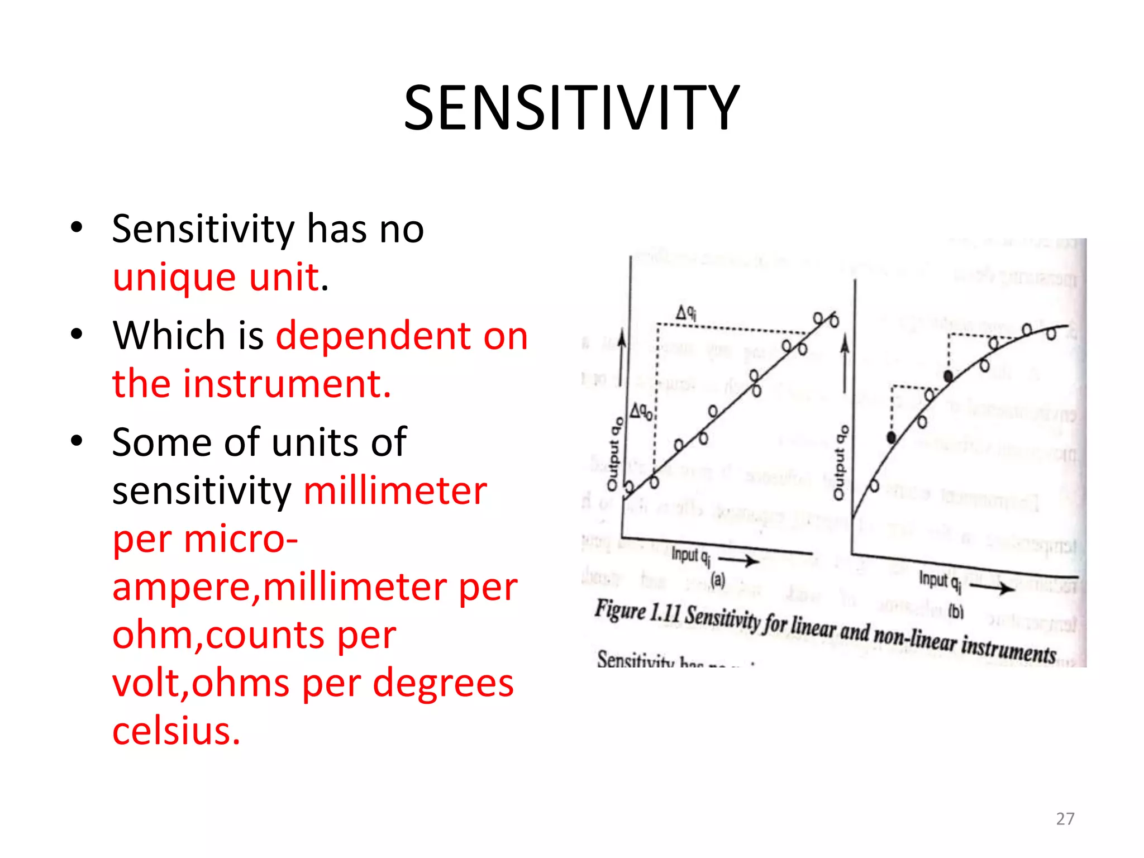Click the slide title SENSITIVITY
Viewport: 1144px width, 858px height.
[x=571, y=108]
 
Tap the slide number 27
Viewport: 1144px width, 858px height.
[x=1065, y=819]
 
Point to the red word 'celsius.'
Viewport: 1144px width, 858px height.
[x=176, y=731]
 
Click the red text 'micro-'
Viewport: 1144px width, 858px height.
[x=241, y=539]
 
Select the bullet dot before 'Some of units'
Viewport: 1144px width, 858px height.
[x=77, y=440]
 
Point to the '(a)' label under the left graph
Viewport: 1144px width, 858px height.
[x=718, y=580]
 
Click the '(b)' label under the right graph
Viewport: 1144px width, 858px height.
[x=956, y=612]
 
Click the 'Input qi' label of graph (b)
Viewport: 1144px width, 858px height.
[x=940, y=581]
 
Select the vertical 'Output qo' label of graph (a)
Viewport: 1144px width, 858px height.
[x=614, y=454]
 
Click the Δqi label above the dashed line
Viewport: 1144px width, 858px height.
[x=686, y=312]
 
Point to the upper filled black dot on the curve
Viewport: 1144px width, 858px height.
[x=948, y=376]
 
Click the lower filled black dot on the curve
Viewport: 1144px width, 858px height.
[x=892, y=437]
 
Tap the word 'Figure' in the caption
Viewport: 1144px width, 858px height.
[x=619, y=609]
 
